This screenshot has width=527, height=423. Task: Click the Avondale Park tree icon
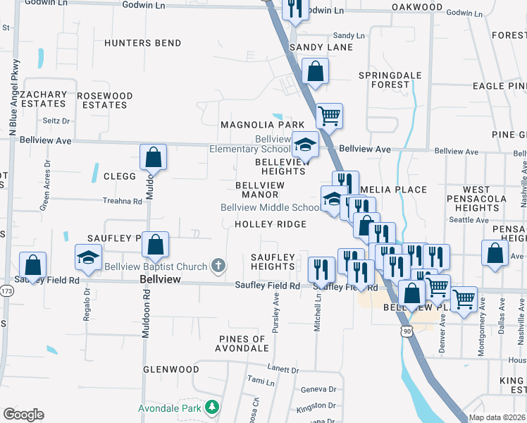211,407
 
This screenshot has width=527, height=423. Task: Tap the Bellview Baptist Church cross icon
218,266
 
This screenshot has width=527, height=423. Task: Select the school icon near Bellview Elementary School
305,145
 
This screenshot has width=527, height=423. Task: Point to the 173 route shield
6,290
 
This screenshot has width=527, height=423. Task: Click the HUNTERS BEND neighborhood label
143,43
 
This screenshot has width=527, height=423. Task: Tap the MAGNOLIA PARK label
252,125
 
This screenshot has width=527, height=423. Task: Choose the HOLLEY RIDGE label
271,224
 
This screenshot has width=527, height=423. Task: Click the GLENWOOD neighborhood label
170,369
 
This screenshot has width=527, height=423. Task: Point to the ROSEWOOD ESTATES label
104,100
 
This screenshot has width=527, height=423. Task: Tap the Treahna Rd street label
122,201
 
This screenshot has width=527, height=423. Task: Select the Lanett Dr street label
283,369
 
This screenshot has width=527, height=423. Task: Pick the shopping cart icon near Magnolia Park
329,115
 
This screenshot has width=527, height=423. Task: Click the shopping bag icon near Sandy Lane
315,70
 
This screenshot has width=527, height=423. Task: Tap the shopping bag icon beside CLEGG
153,157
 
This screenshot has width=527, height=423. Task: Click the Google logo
23,415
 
